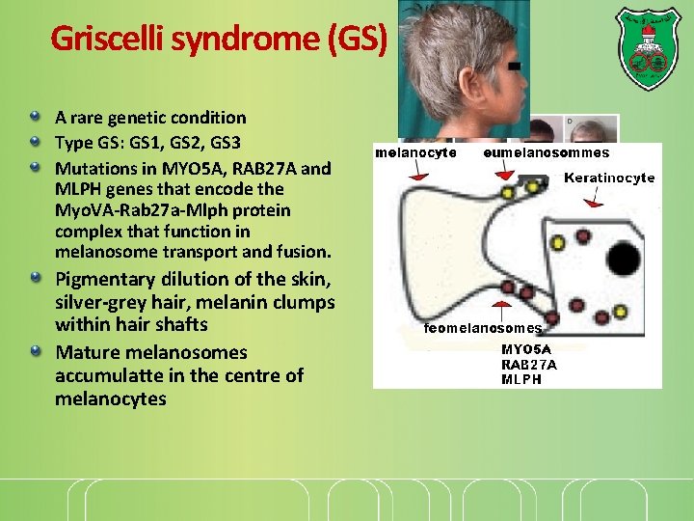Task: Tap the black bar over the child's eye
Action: pyautogui.click(x=515, y=66)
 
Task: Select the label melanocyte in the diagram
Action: pyautogui.click(x=415, y=152)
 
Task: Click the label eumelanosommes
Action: pyautogui.click(x=546, y=152)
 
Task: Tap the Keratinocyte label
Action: pyautogui.click(x=608, y=178)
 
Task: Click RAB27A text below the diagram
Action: pyautogui.click(x=528, y=365)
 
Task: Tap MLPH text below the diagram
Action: pyautogui.click(x=521, y=379)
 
